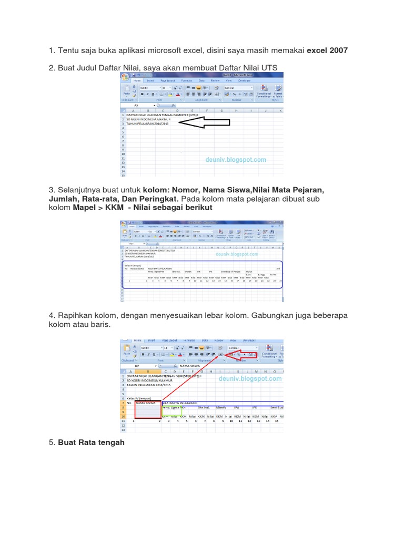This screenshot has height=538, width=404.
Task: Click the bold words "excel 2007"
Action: (x=327, y=50)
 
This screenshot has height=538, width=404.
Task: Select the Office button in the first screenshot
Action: (x=125, y=78)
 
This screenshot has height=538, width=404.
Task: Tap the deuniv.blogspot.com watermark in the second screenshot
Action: (x=236, y=254)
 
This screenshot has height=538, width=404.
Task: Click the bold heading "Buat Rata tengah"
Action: (x=91, y=442)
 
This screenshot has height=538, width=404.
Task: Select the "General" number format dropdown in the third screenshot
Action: (x=241, y=348)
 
